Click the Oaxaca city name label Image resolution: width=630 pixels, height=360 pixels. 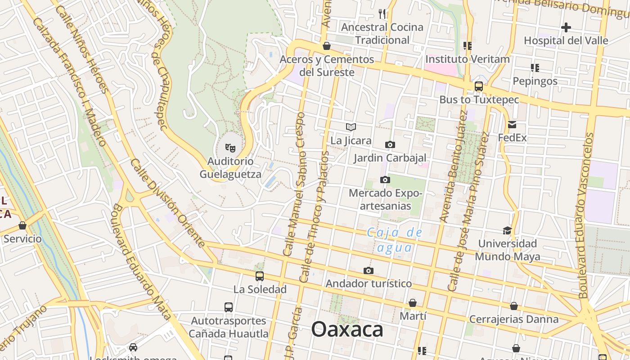pyautogui.click(x=347, y=329)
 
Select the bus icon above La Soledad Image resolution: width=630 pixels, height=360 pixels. pyautogui.click(x=260, y=276)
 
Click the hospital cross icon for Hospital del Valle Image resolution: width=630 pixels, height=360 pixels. pyautogui.click(x=566, y=27)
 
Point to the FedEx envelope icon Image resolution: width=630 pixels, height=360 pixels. pyautogui.click(x=512, y=125)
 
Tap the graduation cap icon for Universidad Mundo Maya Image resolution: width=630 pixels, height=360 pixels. pyautogui.click(x=507, y=231)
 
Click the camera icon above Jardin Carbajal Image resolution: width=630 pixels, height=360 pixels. pyautogui.click(x=390, y=144)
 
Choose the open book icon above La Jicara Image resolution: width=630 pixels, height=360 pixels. pyautogui.click(x=351, y=127)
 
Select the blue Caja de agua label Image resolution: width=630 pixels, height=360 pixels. pyautogui.click(x=395, y=240)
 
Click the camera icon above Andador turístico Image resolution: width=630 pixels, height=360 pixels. pyautogui.click(x=369, y=270)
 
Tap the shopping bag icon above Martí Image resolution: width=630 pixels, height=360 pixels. pyautogui.click(x=413, y=303)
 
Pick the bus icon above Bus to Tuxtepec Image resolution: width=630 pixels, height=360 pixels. pyautogui.click(x=479, y=86)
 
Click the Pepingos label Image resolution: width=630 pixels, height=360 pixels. pyautogui.click(x=535, y=81)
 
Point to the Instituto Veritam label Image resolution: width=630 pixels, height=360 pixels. pyautogui.click(x=467, y=59)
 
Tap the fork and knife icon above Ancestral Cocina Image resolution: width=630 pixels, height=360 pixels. pyautogui.click(x=382, y=13)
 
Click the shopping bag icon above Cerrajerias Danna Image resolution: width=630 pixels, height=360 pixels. pyautogui.click(x=513, y=306)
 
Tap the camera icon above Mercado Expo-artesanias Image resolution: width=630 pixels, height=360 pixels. pyautogui.click(x=385, y=180)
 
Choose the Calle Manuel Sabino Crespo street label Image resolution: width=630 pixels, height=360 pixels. pyautogui.click(x=294, y=184)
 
